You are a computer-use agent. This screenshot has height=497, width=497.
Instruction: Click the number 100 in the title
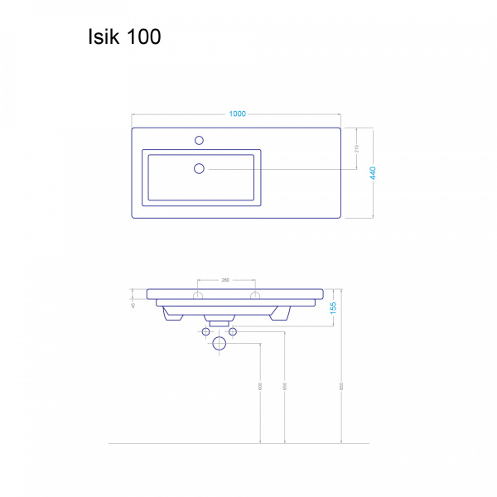pos(143,37)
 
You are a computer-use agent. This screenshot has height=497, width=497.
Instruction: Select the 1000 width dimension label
pos(236,114)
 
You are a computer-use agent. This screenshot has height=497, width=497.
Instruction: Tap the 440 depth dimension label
pos(374,173)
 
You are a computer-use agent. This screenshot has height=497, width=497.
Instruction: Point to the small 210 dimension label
pos(355,149)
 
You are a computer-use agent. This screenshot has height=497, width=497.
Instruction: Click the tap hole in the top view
pos(199,139)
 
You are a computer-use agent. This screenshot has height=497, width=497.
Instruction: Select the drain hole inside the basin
pos(199,169)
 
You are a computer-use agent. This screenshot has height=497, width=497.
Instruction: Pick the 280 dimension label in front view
pos(225,281)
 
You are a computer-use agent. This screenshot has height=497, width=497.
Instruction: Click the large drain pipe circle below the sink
pos(220,343)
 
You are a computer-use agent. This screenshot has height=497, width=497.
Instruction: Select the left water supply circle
pos(206,332)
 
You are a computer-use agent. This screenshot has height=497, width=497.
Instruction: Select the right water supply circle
pos(233,332)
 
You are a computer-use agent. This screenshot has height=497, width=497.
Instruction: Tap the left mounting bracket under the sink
pos(172,314)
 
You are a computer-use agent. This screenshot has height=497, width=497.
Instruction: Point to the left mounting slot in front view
pos(198,295)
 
